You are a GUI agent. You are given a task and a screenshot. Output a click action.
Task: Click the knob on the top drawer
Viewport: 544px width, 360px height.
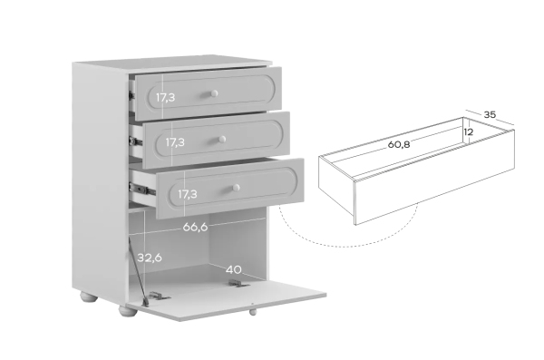click(x=214, y=93)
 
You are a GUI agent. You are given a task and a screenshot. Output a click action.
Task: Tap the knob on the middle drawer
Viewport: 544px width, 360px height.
click(x=222, y=140)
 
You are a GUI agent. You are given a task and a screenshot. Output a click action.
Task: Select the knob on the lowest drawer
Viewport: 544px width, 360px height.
click(x=236, y=188)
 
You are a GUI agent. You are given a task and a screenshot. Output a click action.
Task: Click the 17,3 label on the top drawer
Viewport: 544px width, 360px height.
click(x=165, y=98)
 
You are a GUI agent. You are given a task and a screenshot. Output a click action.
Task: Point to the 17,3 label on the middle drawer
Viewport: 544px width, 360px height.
click(x=175, y=142)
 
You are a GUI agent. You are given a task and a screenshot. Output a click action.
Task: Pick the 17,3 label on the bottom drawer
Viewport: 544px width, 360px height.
click(x=188, y=194)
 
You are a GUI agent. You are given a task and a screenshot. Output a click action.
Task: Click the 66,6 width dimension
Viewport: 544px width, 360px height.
click(x=195, y=227)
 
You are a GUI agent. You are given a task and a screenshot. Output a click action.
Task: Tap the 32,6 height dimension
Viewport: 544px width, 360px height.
click(x=150, y=258)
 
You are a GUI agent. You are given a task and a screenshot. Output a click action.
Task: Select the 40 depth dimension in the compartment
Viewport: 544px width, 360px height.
click(x=234, y=269)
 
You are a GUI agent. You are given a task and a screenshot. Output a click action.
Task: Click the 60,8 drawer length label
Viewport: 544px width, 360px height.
click(x=399, y=144)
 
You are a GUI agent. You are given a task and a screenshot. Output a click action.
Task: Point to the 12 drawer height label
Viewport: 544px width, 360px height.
click(x=469, y=131)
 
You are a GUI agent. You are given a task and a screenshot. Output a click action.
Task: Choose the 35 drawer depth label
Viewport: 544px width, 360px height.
click(x=490, y=114)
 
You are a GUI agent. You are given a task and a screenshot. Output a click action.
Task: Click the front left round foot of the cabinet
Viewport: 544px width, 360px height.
click(x=128, y=310)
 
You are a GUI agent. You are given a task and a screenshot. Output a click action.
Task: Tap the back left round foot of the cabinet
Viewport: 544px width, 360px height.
click(x=89, y=297)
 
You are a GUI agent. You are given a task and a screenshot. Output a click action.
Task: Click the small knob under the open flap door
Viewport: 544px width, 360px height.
click(x=253, y=312)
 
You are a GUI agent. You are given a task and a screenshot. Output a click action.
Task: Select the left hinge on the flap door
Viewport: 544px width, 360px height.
click(x=159, y=297)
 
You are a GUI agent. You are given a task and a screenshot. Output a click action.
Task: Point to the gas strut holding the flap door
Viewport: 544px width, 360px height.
click(x=138, y=270)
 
